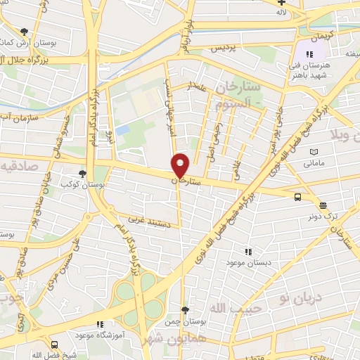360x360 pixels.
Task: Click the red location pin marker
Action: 181,165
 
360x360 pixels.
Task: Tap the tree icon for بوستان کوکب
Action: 83,174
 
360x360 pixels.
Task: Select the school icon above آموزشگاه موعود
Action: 99,324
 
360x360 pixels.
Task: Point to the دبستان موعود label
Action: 245,262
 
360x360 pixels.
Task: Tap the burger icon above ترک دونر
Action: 323,205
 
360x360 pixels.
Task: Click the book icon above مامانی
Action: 314,153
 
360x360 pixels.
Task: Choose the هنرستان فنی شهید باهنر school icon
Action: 309,54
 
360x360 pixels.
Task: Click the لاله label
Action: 282,13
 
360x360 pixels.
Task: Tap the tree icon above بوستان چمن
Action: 184,309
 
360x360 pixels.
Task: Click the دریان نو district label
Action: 304,298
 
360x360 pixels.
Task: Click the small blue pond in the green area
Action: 123,130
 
